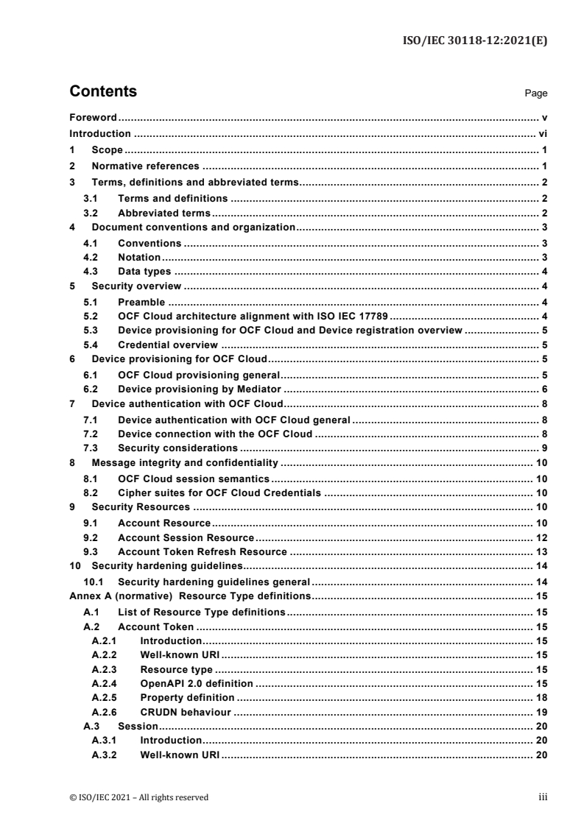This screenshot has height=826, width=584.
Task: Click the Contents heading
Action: pos(103,92)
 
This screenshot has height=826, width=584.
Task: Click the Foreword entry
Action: pos(94,118)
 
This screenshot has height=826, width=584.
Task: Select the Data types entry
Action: pos(145,272)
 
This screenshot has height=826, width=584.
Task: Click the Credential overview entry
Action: pos(167,344)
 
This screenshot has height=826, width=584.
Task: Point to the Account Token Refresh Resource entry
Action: pos(203,551)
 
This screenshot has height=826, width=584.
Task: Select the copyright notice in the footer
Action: pos(139,797)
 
